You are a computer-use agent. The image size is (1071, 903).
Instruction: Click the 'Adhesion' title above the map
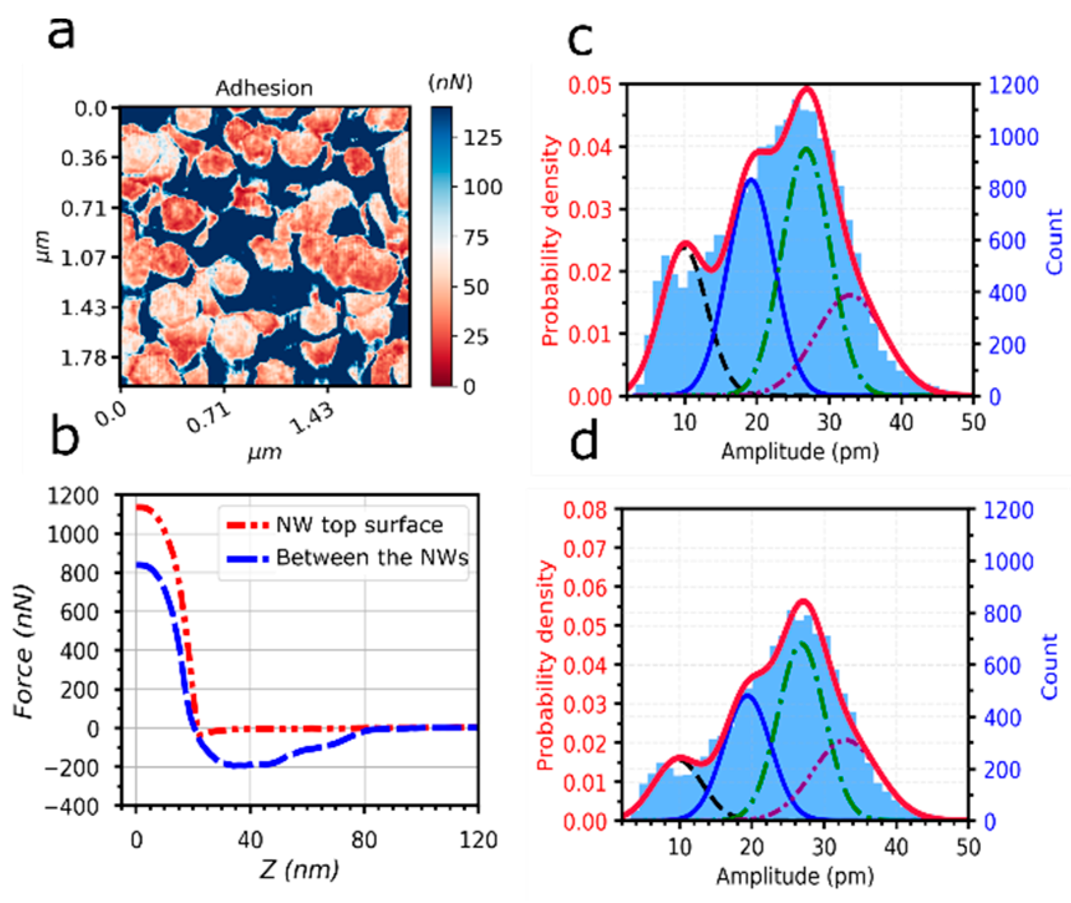click(264, 88)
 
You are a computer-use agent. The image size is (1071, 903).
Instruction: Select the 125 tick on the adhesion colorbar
click(482, 138)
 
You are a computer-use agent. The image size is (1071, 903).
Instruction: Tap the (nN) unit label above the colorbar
click(450, 82)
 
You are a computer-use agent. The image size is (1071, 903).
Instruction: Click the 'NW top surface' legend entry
click(359, 525)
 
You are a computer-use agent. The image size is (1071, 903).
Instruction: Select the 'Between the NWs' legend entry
click(372, 557)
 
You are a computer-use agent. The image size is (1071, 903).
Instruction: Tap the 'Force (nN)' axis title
click(23, 651)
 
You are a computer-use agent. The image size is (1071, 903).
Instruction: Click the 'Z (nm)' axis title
click(299, 869)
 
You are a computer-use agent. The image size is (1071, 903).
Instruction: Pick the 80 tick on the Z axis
click(363, 840)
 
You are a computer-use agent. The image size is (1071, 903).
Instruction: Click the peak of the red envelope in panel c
click(807, 88)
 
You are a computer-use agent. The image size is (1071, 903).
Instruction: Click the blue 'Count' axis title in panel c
click(1054, 242)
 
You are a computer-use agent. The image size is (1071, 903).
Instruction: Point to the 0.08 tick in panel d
click(584, 510)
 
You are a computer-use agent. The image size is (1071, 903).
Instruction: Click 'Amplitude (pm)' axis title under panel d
click(795, 876)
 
